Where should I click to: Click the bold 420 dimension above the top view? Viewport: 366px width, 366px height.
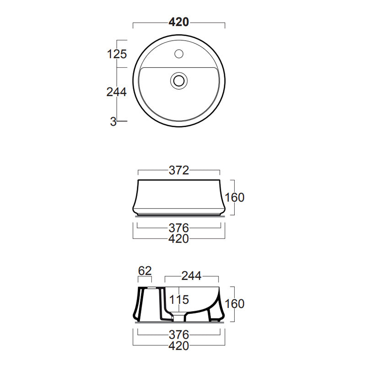[x=178, y=22]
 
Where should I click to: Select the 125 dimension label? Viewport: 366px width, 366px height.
[x=117, y=54]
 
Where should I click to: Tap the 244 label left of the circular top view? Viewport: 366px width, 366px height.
[x=116, y=91]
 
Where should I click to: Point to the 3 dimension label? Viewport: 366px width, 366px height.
[x=113, y=121]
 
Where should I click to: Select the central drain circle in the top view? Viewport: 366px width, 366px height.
[x=179, y=81]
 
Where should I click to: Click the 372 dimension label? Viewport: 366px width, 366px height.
[x=178, y=171]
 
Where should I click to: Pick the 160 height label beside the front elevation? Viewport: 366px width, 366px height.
[x=235, y=197]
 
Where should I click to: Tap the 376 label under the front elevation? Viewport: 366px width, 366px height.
[x=178, y=227]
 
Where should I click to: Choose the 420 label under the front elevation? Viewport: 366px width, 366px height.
[x=178, y=238]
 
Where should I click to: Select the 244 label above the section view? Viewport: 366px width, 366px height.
[x=191, y=276]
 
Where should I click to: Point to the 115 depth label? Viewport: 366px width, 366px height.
[x=179, y=300]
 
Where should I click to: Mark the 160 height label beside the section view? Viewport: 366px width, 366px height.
[x=235, y=303]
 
